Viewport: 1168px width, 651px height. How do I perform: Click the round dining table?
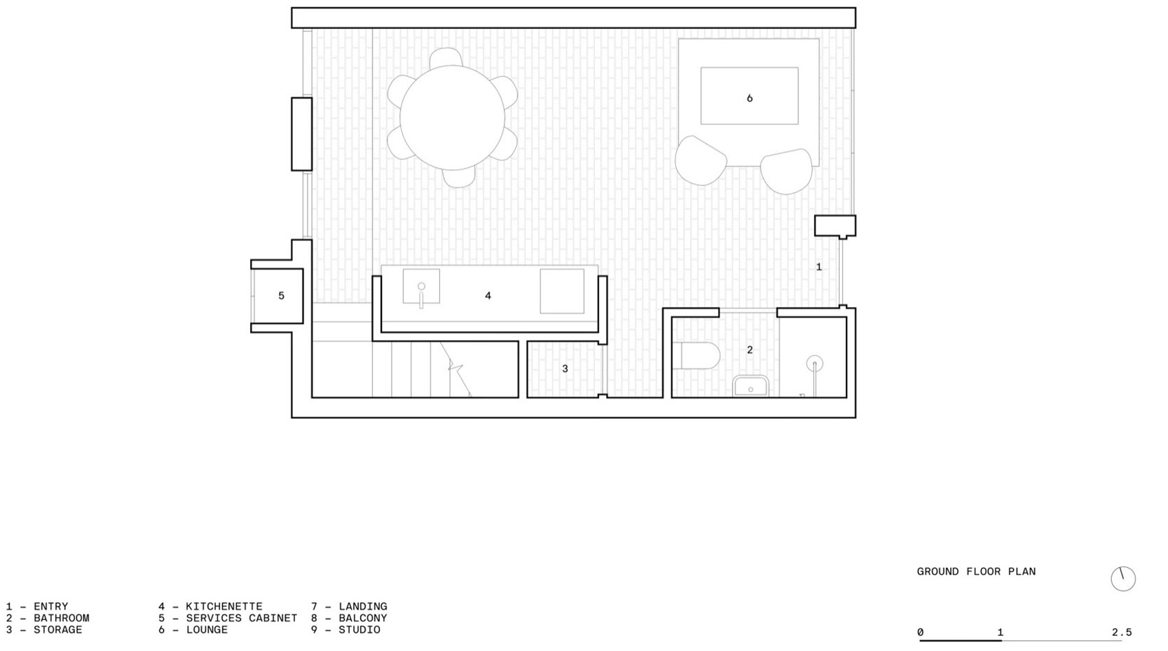452,117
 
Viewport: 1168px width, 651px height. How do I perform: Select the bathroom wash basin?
750,386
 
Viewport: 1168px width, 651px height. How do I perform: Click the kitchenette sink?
421,287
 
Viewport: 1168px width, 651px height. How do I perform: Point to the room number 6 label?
750,98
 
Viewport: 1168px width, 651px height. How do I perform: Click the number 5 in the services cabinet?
281,296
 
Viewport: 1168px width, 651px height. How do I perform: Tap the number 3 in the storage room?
565,369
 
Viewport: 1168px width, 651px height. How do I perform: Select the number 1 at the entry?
818,266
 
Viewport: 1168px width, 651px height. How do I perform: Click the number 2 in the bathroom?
750,350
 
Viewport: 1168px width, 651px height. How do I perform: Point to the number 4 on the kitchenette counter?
488,296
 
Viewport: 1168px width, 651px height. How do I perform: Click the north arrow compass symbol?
1123,578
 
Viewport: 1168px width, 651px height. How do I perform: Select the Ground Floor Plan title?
976,571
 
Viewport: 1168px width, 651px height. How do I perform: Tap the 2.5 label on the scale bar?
1121,632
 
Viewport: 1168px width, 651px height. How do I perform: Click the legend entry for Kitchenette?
210,606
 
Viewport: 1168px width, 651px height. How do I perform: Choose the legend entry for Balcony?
349,618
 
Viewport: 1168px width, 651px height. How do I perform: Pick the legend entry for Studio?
346,630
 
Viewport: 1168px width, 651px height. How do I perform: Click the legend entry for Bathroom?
48,618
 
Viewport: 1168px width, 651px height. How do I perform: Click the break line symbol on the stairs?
455,365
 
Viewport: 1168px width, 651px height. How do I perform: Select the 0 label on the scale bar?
921,632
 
